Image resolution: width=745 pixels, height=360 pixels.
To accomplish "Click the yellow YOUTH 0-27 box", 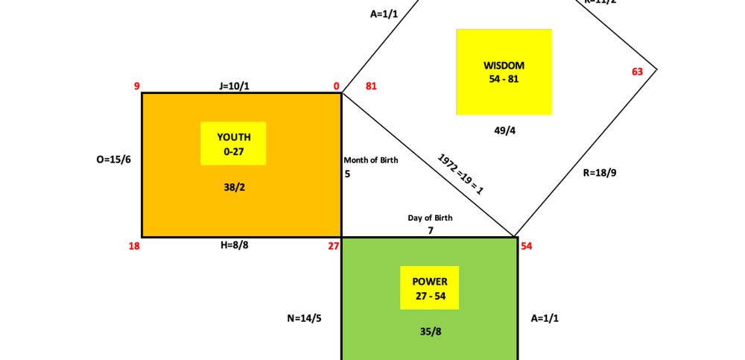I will coord(233,143).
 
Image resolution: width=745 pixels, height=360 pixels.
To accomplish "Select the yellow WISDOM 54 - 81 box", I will coord(504,72).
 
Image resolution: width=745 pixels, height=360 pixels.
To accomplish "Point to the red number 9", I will coord(137,86).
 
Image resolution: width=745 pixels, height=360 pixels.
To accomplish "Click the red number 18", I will coord(134,246).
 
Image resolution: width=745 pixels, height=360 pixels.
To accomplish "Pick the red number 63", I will coord(637,72).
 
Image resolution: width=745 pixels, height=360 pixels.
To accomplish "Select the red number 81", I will coord(371,86).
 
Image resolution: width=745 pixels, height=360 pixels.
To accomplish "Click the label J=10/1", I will coord(234,86).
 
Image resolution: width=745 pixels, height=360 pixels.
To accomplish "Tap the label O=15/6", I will coord(114,159).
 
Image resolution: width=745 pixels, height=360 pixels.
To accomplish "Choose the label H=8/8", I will coord(234,245).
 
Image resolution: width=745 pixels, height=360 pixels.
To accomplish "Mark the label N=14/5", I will coord(304,318).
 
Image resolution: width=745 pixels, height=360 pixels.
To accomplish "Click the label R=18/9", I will coord(600,172).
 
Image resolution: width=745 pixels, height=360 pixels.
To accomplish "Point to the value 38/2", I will coord(234,187).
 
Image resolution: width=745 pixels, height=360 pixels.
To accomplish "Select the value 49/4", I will coord(504,130).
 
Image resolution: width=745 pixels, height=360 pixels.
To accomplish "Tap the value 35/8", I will coord(430,332).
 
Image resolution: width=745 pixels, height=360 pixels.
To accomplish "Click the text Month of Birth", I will coord(371,160).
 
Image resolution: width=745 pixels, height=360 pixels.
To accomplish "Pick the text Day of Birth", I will coord(430,218).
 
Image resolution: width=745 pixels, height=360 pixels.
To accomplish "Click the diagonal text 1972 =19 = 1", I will coord(460,174).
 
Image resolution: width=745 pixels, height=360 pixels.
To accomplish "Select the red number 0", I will coord(337,86).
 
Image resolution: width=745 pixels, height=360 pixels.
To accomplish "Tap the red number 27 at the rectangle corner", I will coord(334,246).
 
